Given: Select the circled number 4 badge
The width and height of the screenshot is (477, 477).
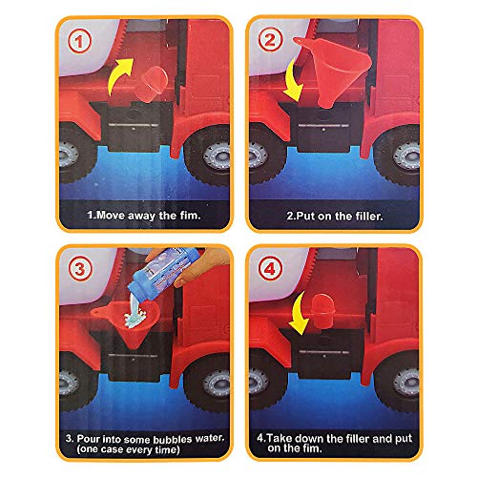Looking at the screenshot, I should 272,271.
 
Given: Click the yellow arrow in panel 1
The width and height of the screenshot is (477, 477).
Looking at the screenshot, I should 123,76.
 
